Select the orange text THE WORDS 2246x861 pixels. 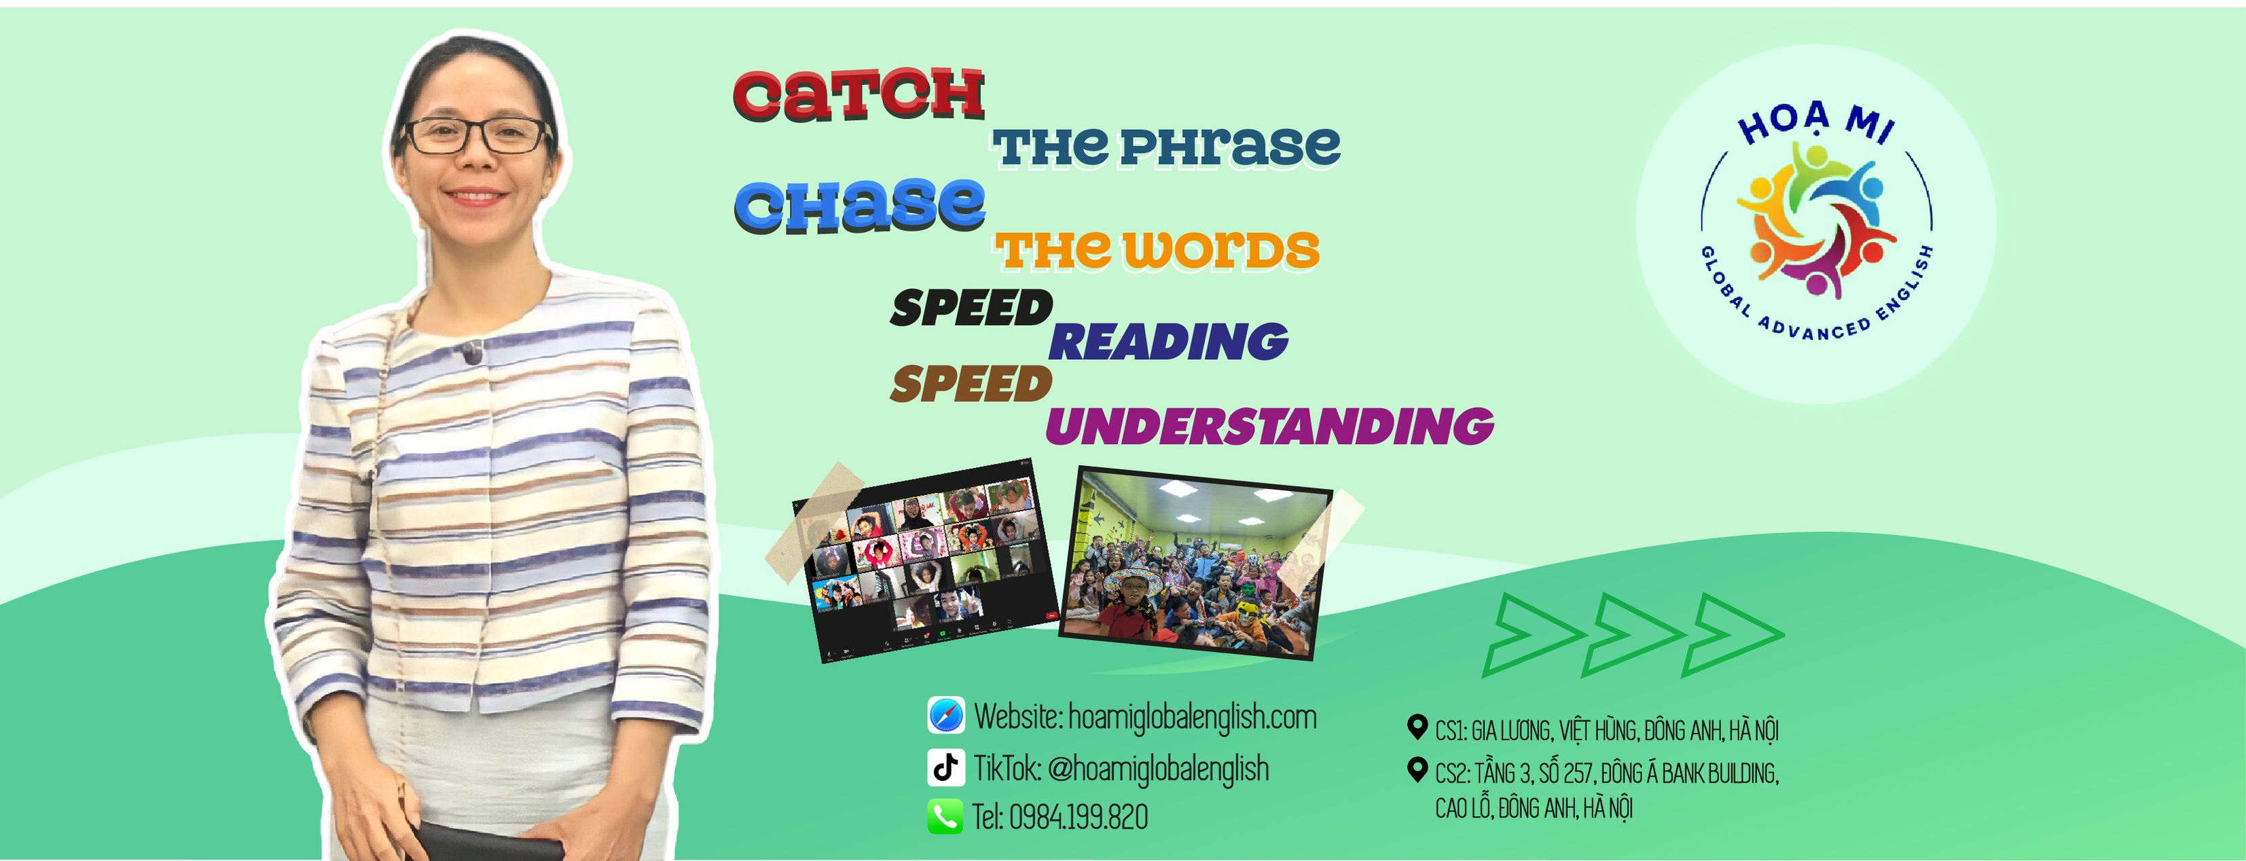click(x=1156, y=250)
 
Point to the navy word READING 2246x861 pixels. click(x=1168, y=341)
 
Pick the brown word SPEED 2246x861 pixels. click(x=971, y=384)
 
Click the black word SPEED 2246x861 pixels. click(x=971, y=308)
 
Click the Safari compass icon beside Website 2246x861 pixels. click(x=946, y=716)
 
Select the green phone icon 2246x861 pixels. click(x=945, y=817)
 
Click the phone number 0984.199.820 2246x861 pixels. click(x=1079, y=818)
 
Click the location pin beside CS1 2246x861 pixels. click(x=1417, y=727)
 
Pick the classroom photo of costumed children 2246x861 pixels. click(x=1196, y=562)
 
